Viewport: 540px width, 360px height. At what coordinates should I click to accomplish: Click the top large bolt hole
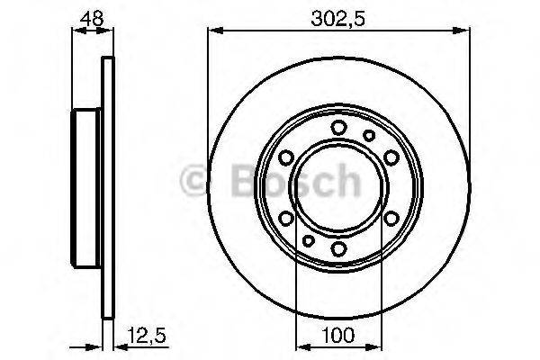click(338, 127)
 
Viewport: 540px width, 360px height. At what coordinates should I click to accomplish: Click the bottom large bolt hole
click(338, 248)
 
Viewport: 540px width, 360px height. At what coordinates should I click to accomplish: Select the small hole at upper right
click(369, 135)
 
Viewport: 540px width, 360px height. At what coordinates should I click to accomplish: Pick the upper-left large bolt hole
click(286, 157)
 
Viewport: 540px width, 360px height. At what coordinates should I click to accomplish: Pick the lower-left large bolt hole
click(286, 218)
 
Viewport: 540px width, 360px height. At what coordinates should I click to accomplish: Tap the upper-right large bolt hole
click(391, 157)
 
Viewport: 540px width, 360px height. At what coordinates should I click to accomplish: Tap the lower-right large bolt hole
click(391, 218)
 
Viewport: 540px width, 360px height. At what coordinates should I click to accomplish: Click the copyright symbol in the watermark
click(196, 182)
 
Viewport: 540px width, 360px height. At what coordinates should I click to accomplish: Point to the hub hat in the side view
click(87, 187)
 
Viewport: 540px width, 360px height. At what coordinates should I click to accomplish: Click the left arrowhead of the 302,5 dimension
click(213, 30)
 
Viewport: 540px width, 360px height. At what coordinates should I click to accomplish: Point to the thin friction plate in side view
click(109, 187)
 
